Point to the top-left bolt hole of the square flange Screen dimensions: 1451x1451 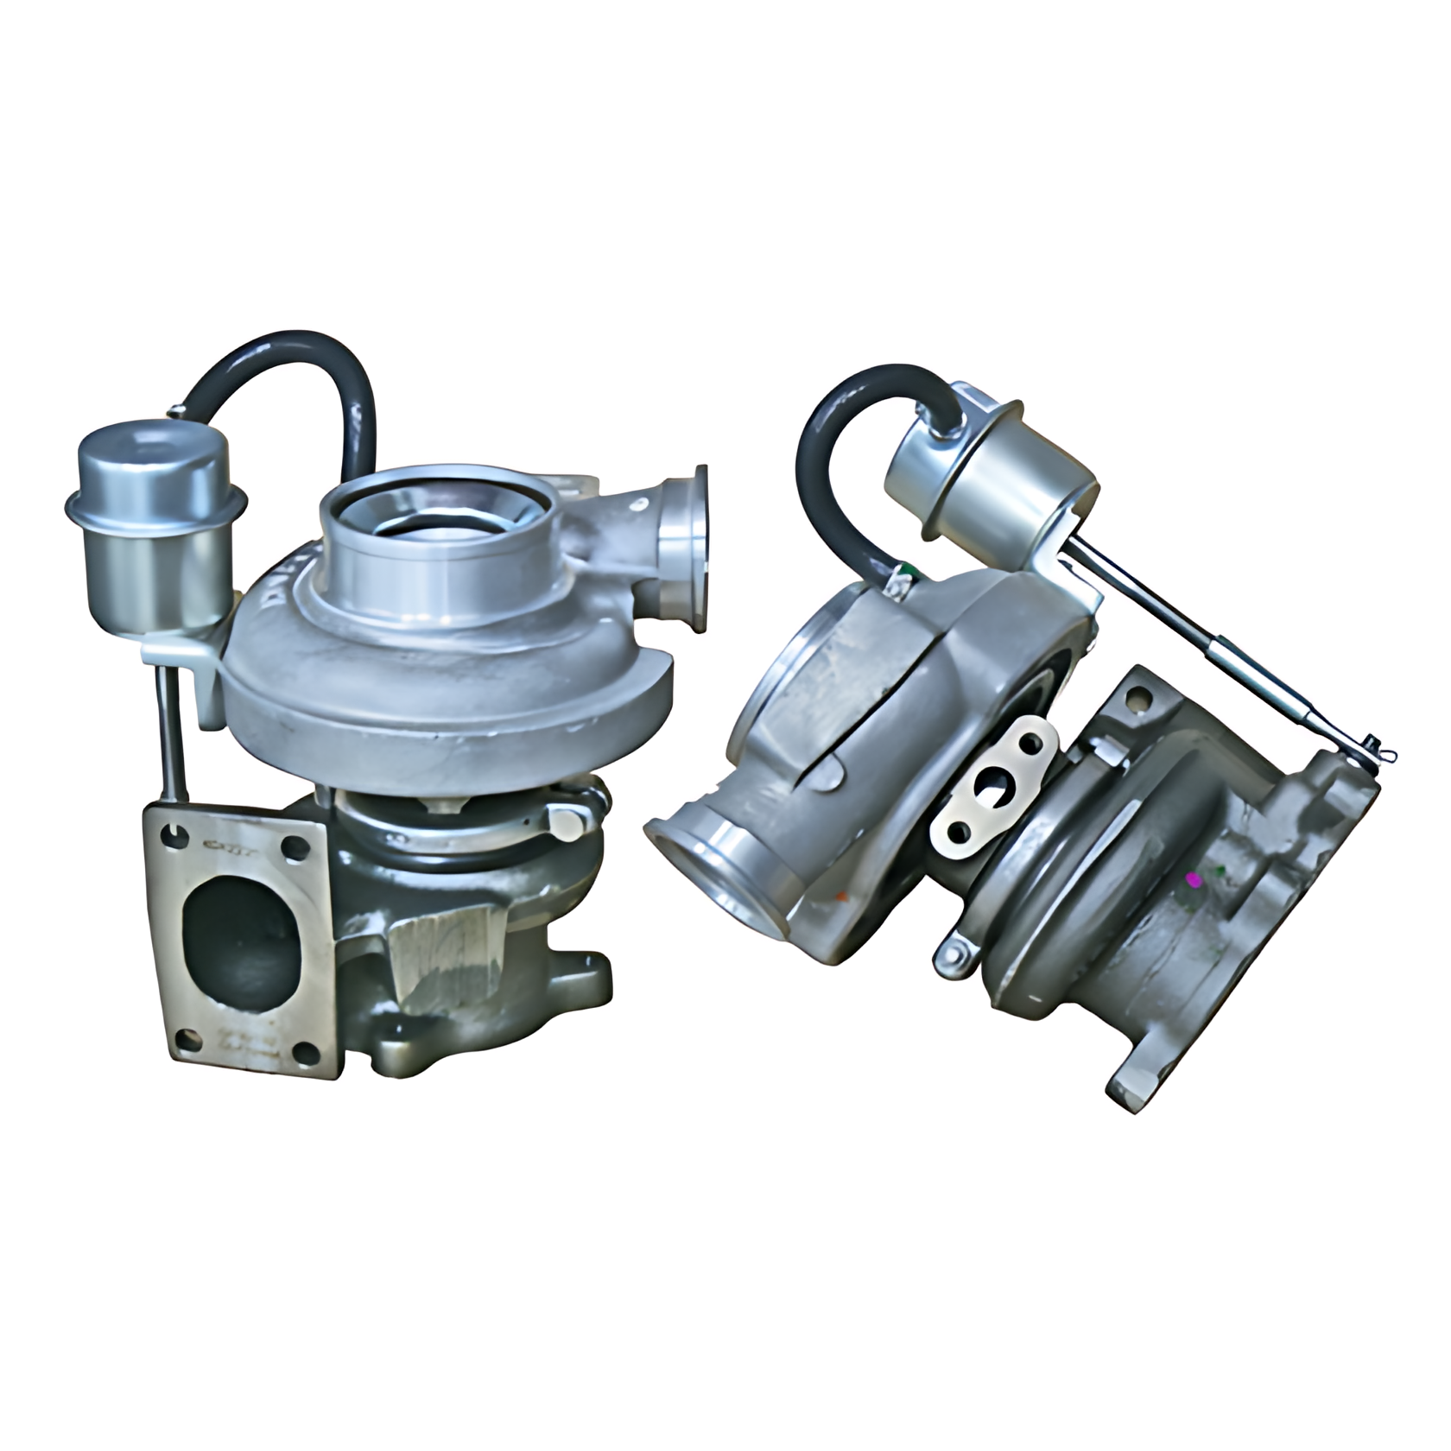coord(177,833)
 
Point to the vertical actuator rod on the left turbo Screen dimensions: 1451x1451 coord(171,734)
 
